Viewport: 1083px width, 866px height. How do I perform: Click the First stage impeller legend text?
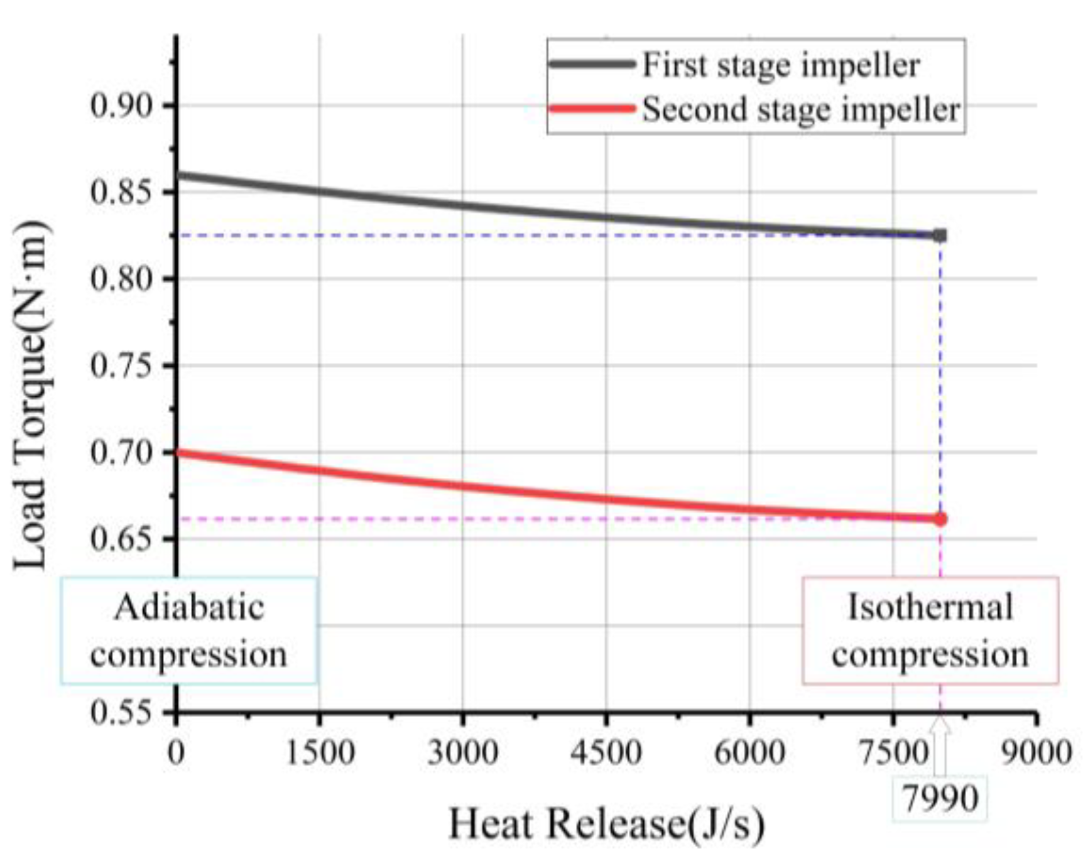780,65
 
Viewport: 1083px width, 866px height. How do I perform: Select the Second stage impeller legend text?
801,109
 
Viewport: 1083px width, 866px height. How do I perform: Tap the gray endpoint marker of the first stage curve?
940,235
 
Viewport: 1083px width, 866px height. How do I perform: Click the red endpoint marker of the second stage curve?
940,519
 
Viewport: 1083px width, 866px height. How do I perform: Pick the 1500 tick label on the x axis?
320,752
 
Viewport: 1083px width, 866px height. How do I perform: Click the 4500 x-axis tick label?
606,752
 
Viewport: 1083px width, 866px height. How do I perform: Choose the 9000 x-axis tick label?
1035,752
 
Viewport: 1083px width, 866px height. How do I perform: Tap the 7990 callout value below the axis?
940,799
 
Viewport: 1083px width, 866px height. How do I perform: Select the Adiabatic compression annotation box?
188,631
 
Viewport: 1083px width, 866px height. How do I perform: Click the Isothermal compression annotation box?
930,631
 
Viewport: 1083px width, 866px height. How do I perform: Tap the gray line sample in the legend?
591,64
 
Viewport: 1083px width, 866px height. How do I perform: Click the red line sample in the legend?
591,109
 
